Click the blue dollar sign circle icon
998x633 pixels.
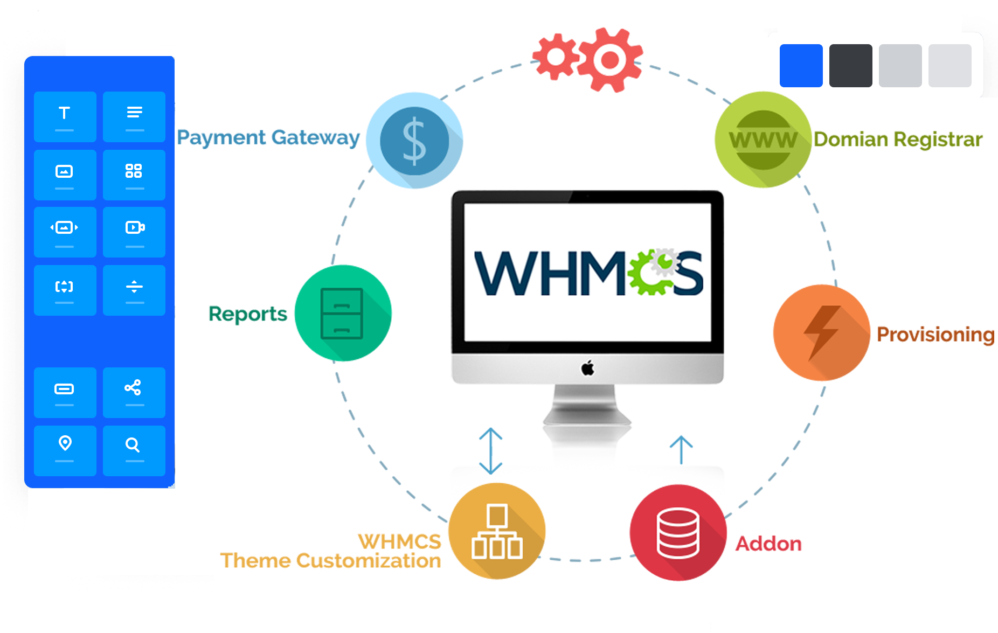(x=414, y=141)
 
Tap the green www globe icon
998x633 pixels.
(x=763, y=140)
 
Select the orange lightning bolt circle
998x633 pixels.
(x=821, y=333)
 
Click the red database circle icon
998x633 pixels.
(x=678, y=532)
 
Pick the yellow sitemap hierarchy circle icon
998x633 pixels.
(x=496, y=531)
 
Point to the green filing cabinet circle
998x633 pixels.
(x=343, y=313)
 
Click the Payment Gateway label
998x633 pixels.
(x=268, y=138)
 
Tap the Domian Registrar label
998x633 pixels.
(x=898, y=140)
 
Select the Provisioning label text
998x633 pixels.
(x=935, y=335)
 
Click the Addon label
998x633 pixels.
(x=768, y=544)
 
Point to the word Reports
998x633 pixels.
(x=247, y=314)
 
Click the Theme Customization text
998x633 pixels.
(x=330, y=561)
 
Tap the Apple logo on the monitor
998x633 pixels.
(x=587, y=368)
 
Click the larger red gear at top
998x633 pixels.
(x=610, y=59)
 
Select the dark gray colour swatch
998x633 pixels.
(x=850, y=66)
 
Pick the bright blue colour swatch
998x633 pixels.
(x=801, y=66)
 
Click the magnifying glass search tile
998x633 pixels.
(x=134, y=450)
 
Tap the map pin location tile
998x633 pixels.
(x=65, y=450)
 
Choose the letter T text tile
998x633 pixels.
(x=65, y=116)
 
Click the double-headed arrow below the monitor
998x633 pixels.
(x=491, y=451)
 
